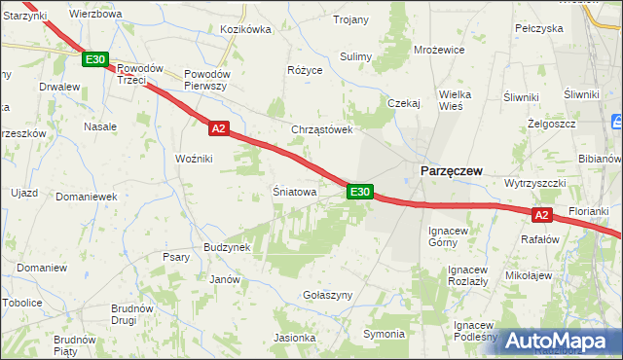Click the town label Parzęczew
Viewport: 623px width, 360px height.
[452, 170]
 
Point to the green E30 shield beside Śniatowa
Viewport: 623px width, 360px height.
[359, 193]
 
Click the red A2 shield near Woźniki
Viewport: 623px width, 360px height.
[218, 128]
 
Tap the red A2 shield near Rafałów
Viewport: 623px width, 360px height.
[543, 215]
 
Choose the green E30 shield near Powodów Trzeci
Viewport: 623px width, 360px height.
[94, 60]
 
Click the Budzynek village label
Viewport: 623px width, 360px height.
[228, 247]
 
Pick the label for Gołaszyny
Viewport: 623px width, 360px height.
[326, 295]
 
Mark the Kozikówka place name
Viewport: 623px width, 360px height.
[245, 30]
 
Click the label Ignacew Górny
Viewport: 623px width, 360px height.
[449, 236]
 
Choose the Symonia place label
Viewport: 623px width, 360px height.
[384, 334]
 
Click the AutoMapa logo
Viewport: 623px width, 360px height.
[559, 342]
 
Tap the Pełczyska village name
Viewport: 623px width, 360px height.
[538, 28]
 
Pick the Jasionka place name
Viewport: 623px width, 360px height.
[295, 339]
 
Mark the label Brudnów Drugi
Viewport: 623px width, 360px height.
[131, 313]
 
